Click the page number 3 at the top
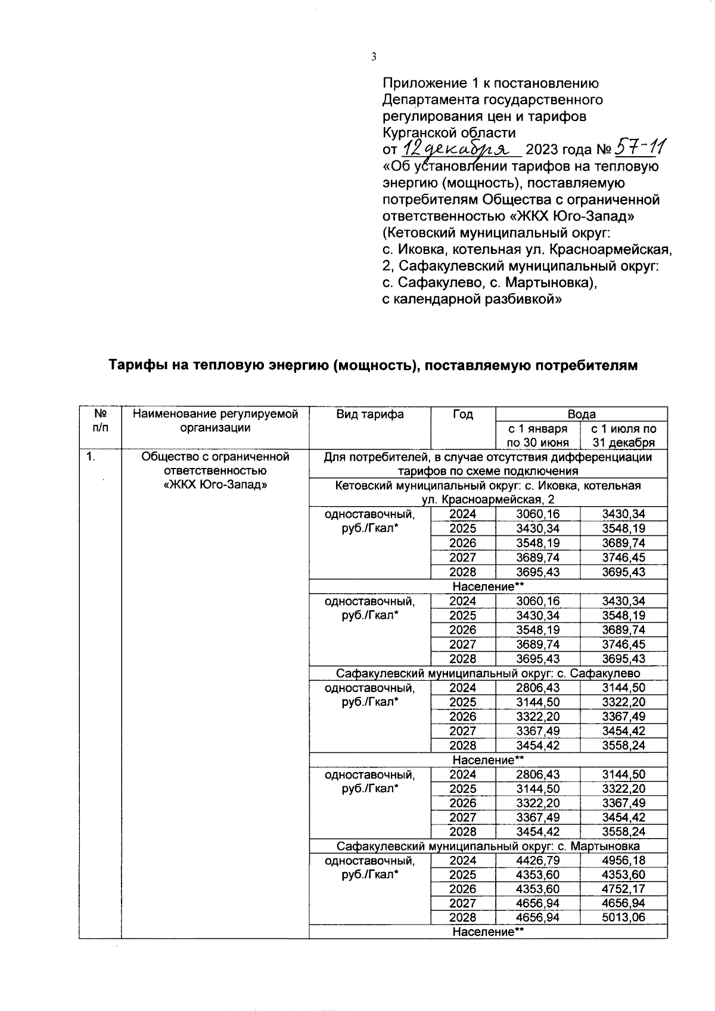[x=374, y=57]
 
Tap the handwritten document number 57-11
[x=641, y=147]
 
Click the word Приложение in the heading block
[x=421, y=83]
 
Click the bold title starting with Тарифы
[x=372, y=365]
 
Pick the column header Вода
[x=581, y=414]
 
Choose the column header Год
[x=462, y=414]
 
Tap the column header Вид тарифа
[x=369, y=414]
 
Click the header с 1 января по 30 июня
[x=537, y=436]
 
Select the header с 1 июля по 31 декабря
[x=623, y=436]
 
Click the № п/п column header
[x=100, y=420]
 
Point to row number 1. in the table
[x=91, y=457]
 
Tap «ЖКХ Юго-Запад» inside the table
[x=215, y=485]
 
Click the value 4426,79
[x=537, y=860]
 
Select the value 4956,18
[x=623, y=860]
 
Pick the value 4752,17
[x=623, y=889]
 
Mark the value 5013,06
[x=623, y=917]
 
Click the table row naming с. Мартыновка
[x=488, y=846]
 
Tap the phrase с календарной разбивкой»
[x=471, y=299]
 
